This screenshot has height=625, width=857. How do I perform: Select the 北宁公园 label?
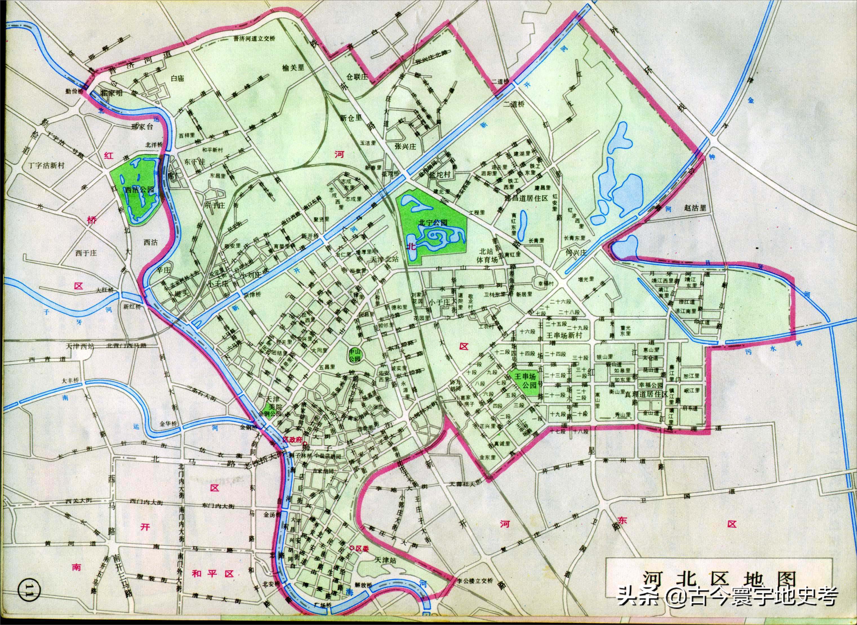(x=433, y=222)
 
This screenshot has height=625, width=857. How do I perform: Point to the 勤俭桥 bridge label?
(x=74, y=91)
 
